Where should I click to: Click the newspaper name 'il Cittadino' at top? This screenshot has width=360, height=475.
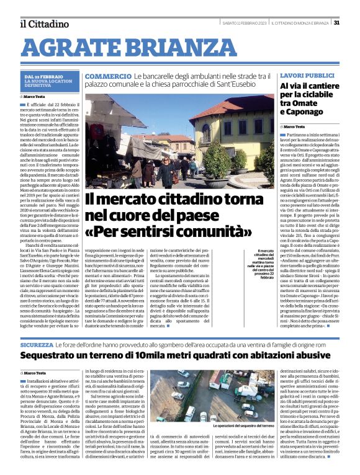43,24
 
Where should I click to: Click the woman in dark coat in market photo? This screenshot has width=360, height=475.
166,171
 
